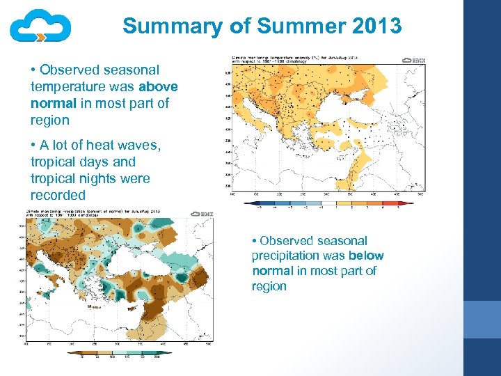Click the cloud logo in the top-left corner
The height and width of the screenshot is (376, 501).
tap(40, 26)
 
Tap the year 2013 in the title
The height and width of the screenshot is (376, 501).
tap(376, 26)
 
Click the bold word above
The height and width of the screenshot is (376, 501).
tap(158, 86)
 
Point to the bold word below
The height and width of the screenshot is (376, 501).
tap(367, 256)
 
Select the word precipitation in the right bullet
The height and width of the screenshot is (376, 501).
tap(287, 256)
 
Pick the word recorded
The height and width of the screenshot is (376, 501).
tap(58, 196)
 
